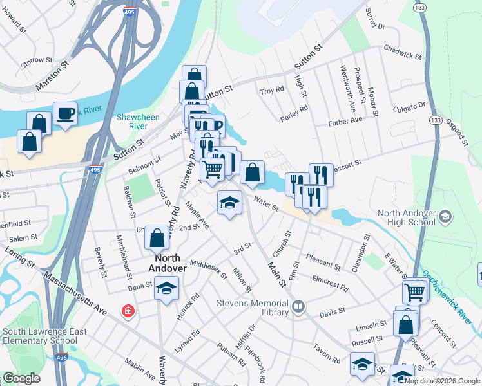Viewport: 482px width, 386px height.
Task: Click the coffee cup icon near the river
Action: click(65, 113)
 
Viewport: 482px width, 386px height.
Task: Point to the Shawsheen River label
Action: click(133, 122)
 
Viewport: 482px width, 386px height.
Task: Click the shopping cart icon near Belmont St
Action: click(212, 169)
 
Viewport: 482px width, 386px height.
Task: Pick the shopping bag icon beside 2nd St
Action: click(157, 237)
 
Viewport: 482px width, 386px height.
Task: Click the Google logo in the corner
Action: click(21, 378)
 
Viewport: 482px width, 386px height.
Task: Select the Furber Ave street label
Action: click(345, 120)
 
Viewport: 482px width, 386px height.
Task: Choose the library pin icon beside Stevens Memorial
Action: click(298, 306)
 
